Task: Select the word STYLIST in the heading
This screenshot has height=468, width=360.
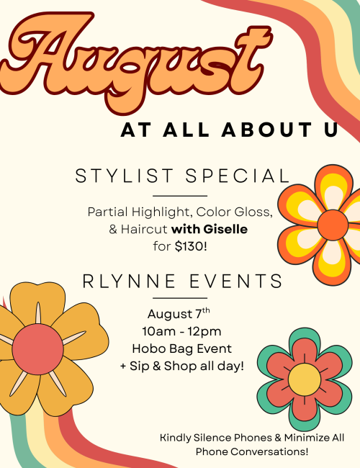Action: point(124,176)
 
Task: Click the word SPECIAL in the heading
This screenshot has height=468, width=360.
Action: point(238,176)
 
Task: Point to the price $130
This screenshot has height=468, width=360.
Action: point(189,246)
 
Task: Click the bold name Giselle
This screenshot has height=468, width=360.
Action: point(225,229)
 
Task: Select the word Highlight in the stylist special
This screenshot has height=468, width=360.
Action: point(161,212)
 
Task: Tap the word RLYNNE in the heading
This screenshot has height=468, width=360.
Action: point(129,281)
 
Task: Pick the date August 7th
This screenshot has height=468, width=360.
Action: point(179,314)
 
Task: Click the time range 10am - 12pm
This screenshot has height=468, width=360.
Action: point(181,331)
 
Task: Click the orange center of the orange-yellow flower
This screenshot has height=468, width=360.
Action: point(333,225)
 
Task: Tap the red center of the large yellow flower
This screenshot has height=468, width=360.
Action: point(38,349)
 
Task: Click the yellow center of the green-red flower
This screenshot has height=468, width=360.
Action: point(305,379)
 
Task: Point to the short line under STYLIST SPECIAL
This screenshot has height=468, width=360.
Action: point(180,196)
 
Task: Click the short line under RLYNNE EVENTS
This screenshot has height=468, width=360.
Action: point(180,298)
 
